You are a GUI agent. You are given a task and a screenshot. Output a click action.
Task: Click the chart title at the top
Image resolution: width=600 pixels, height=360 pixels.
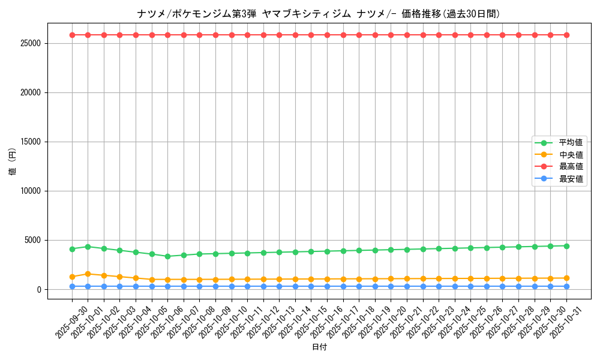(318, 14)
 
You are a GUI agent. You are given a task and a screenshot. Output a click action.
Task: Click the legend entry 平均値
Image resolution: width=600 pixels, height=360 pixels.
(571, 143)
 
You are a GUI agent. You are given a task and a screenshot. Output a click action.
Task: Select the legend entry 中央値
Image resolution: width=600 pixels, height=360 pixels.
(571, 155)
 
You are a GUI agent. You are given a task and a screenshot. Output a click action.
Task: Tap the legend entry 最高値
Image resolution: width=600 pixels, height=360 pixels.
(571, 167)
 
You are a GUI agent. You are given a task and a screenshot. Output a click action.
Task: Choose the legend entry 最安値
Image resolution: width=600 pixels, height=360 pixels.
(571, 179)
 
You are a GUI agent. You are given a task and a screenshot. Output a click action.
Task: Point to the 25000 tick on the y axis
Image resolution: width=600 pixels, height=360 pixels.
(30, 43)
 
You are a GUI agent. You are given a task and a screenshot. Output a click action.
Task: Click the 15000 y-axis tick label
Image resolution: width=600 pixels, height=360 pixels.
(30, 142)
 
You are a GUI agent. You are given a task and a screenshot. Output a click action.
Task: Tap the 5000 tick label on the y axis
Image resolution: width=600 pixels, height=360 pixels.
(32, 240)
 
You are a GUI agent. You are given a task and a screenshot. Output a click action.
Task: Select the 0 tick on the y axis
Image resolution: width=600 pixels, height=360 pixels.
(40, 289)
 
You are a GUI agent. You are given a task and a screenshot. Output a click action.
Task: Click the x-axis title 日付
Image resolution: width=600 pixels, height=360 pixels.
(319, 347)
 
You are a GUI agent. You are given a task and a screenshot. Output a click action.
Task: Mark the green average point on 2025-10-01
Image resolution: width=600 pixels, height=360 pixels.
(88, 247)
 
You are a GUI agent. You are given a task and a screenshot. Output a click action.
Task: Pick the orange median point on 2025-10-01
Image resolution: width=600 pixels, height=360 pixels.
(88, 274)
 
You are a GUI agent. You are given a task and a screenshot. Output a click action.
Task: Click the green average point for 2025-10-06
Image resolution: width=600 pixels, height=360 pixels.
(167, 256)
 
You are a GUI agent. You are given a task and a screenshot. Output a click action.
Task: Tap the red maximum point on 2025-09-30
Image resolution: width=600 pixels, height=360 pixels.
(72, 35)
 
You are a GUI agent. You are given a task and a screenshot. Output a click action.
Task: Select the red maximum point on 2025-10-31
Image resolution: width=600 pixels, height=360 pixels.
(566, 35)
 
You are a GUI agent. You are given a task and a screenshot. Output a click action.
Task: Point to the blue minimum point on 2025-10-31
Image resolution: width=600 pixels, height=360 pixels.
(566, 286)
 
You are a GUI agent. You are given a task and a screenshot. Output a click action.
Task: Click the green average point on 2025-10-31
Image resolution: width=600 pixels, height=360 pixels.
(566, 246)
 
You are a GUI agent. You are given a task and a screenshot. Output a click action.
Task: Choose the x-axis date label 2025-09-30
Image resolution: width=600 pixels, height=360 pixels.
(71, 321)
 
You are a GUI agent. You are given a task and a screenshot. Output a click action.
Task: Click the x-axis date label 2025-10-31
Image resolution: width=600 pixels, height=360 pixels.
(566, 321)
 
